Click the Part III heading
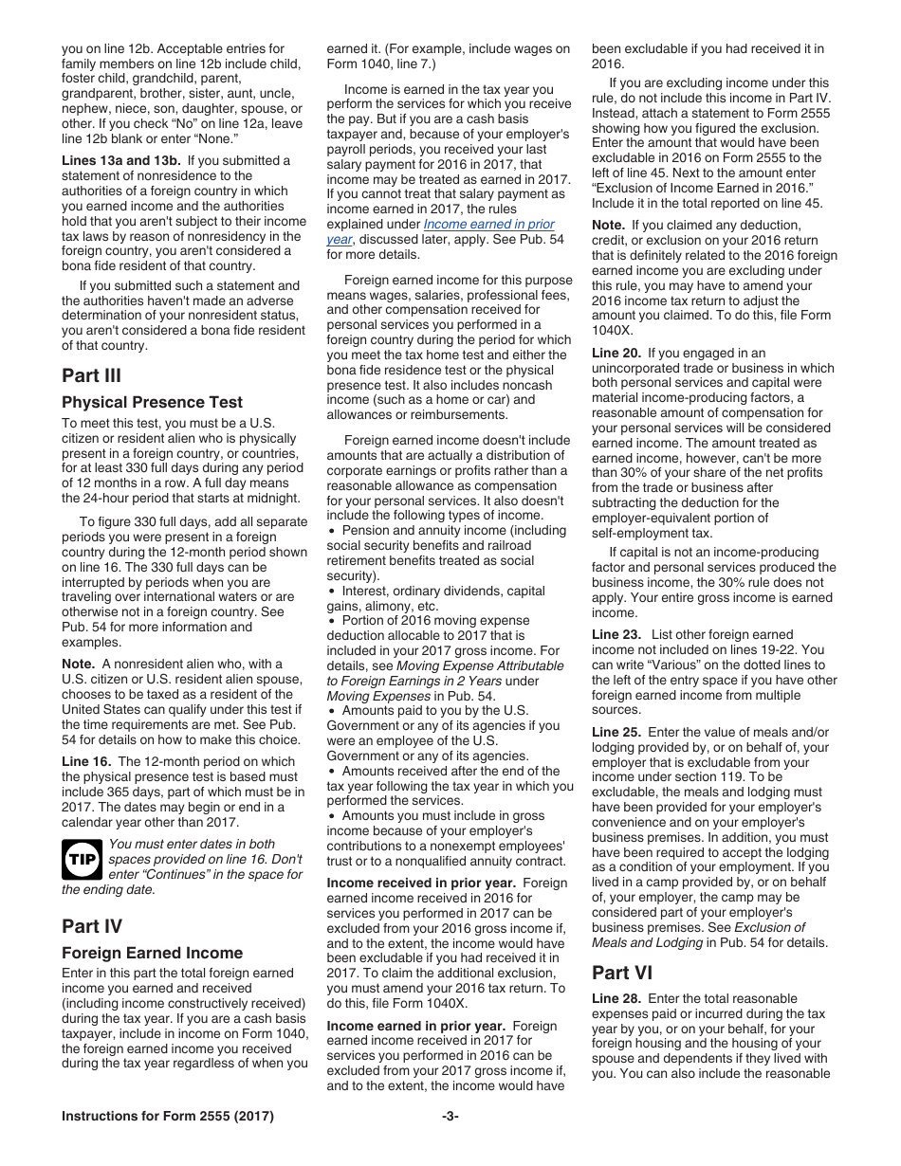(x=91, y=375)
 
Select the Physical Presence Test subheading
(x=152, y=403)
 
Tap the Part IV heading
(x=92, y=926)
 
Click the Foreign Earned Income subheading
(x=152, y=954)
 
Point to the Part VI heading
(x=622, y=973)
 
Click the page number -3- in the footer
(x=450, y=1117)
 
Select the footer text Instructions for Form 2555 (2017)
(x=168, y=1117)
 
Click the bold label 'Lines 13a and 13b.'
(x=121, y=160)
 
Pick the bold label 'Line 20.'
(x=616, y=354)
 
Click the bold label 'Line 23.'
(x=616, y=634)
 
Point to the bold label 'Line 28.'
(x=616, y=998)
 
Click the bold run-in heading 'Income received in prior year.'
(x=421, y=883)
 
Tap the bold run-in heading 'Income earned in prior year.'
(x=415, y=1026)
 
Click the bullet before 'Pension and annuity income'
(x=331, y=531)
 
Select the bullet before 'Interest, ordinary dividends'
(x=331, y=592)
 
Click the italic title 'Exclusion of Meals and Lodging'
(x=699, y=935)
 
